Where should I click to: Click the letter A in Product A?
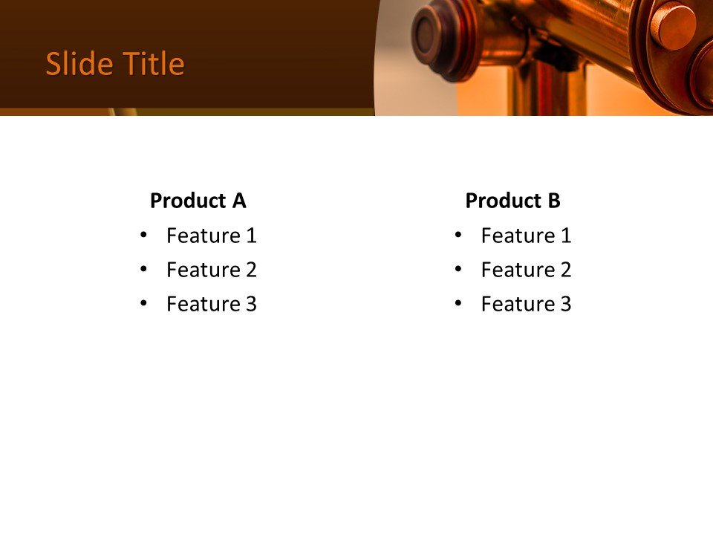point(238,201)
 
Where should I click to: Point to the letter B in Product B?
point(554,201)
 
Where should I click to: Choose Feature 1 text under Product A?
point(211,236)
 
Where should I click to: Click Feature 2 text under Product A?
point(211,270)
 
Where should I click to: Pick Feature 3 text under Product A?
point(211,304)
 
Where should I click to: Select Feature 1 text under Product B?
point(526,236)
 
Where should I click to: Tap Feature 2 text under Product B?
point(526,270)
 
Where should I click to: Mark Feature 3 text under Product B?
point(526,304)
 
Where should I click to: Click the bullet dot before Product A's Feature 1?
point(143,235)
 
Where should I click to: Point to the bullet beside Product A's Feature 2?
point(143,269)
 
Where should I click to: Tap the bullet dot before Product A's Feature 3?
point(143,303)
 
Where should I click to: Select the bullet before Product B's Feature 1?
point(458,235)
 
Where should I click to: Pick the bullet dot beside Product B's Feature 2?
point(458,269)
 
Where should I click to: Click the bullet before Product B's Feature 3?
point(458,303)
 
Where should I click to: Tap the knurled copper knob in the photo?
point(673,27)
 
